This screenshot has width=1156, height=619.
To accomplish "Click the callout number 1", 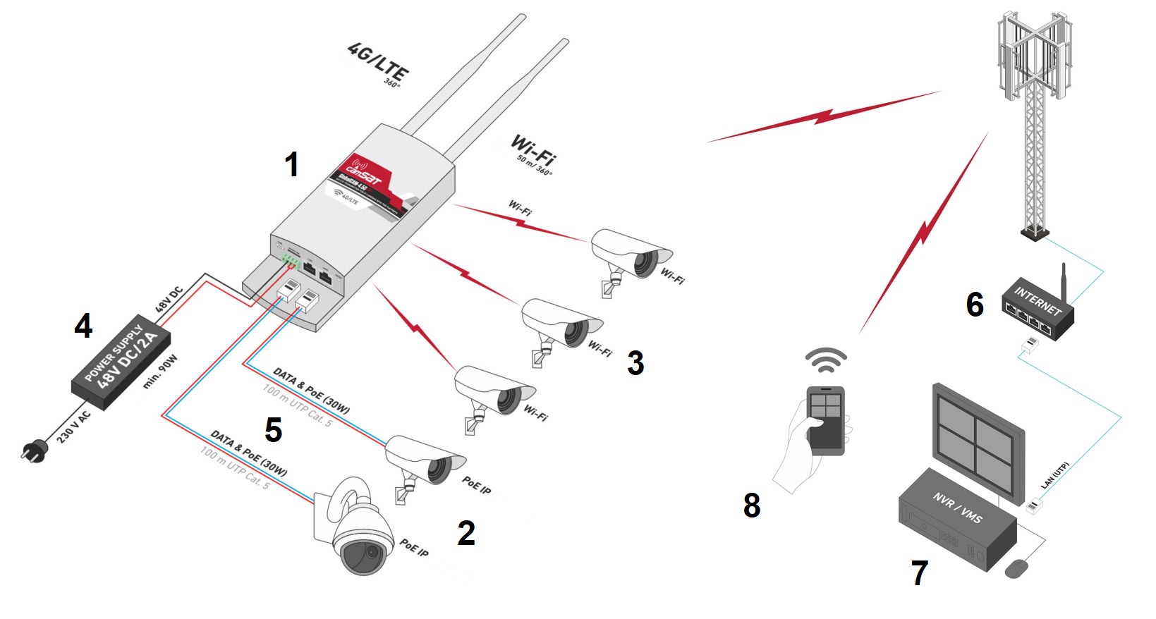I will pos(291,165).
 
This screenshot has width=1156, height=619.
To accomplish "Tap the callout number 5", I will pos(273,430).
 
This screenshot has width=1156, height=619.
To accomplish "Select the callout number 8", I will pos(752,505).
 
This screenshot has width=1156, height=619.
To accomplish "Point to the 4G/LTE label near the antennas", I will pos(378,61).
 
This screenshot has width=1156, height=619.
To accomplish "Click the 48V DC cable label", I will pos(169,300).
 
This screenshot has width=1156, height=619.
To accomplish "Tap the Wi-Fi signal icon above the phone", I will pos(826,360).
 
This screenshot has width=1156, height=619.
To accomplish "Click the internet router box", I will pos(1038,310).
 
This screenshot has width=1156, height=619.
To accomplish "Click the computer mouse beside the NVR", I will pos(1016,568).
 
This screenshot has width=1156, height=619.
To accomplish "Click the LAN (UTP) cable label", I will pos(1055,476).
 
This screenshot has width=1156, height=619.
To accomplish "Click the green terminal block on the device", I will pos(290,260).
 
